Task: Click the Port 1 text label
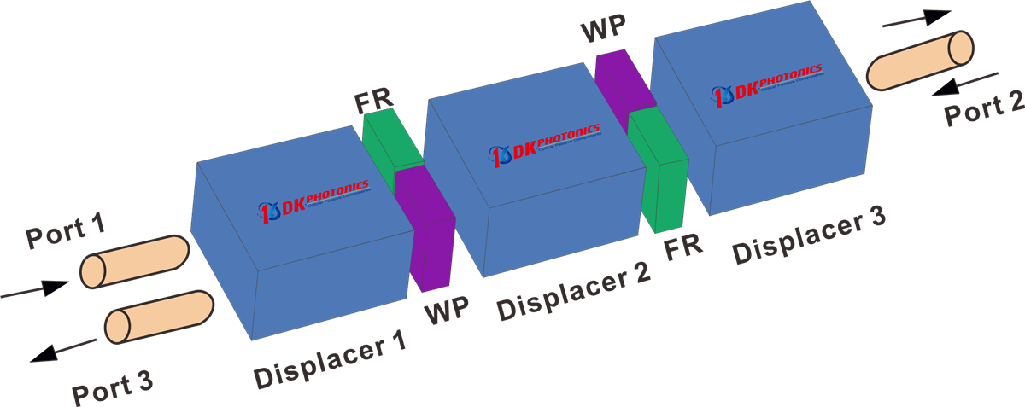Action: coord(65,233)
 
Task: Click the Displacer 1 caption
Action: coord(329,359)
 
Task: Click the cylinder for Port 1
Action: coord(134,261)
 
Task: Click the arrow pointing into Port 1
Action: coord(34,290)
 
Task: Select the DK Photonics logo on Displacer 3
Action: coord(768,82)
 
